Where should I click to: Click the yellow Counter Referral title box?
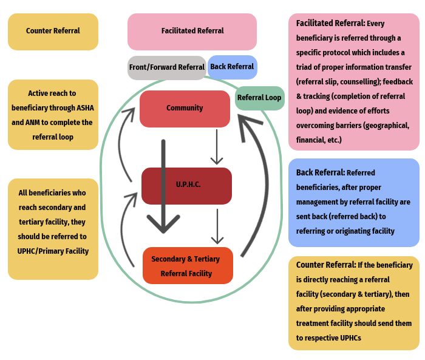[53, 32]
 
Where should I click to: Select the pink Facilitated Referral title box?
[192, 32]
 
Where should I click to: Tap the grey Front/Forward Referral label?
[166, 67]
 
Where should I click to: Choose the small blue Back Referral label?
[232, 67]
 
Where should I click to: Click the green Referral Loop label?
[259, 98]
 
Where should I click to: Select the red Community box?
[185, 109]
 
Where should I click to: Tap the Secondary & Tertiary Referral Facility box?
[187, 266]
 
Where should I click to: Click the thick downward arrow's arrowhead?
[163, 223]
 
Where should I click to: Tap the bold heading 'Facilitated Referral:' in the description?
[330, 23]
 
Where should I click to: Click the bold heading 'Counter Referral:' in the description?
[326, 265]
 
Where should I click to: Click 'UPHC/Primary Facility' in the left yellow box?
[53, 251]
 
